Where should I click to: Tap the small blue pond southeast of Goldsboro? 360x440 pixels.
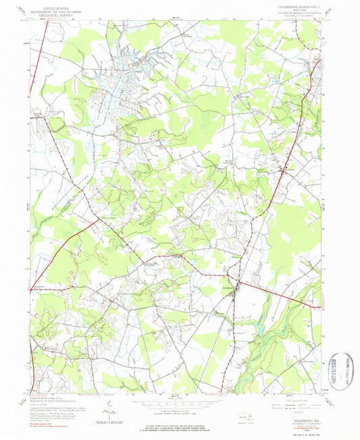click(256, 329)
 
